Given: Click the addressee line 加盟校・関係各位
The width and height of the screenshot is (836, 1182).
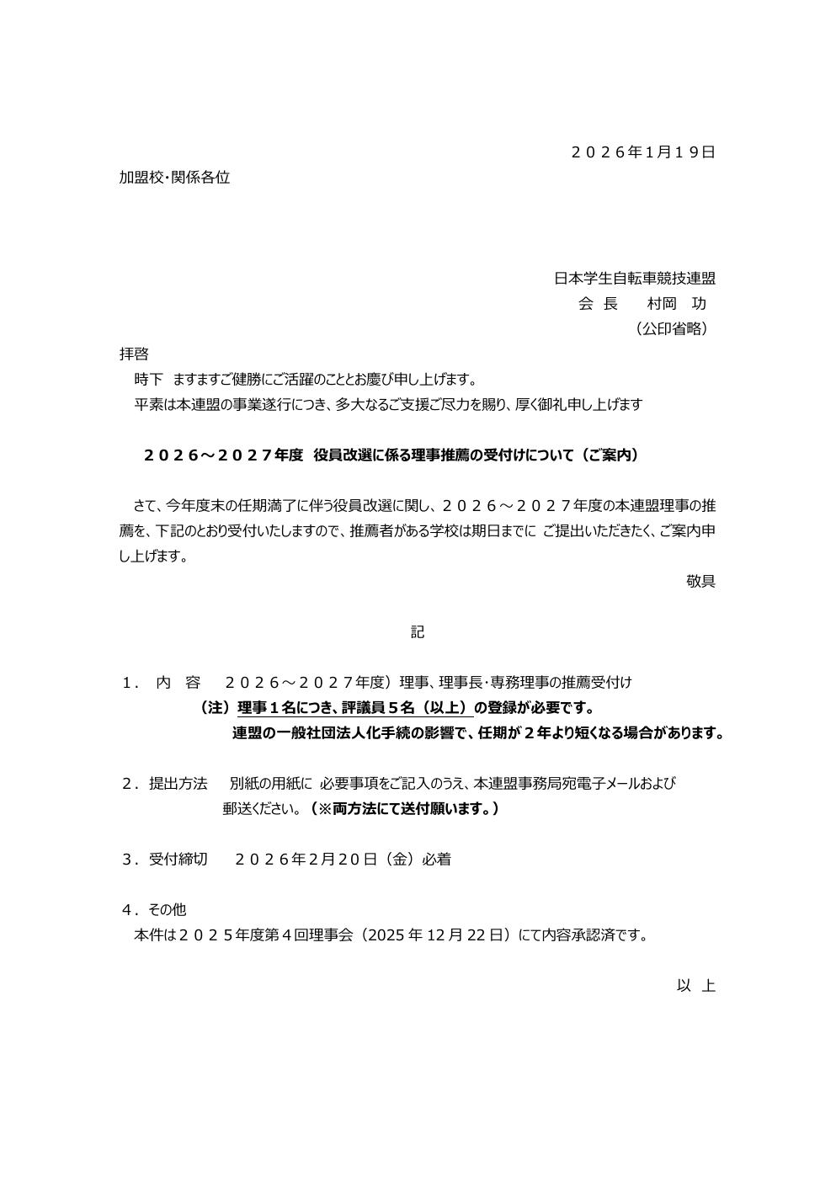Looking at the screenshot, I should [x=174, y=178].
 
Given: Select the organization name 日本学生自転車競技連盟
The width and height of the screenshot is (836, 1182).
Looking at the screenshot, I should [x=635, y=279].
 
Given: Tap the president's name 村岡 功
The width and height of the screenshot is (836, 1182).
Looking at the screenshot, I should [x=677, y=304].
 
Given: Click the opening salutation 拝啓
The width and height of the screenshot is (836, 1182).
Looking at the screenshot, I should [x=134, y=354].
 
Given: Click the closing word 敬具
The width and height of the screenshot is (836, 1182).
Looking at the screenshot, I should [x=700, y=581].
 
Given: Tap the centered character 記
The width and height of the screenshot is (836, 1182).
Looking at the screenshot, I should [x=418, y=632].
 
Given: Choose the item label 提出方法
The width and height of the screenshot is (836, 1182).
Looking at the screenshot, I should [x=178, y=784].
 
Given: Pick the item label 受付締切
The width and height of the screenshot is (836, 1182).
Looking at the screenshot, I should [x=178, y=860].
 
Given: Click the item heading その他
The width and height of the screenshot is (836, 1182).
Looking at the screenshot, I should [x=167, y=910].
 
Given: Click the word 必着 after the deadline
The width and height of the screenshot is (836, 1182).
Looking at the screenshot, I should [x=437, y=860].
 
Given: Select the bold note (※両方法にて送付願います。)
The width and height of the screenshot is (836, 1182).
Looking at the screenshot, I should [x=403, y=809].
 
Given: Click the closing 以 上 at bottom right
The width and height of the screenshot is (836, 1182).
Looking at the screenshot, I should [x=696, y=986].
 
